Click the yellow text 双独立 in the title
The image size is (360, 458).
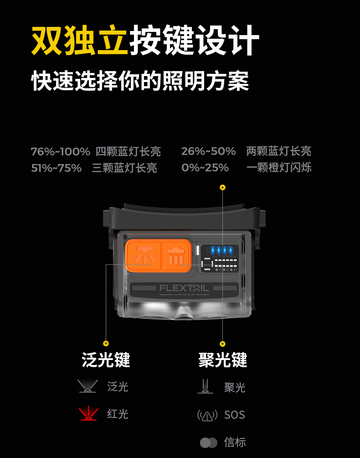click(x=79, y=40)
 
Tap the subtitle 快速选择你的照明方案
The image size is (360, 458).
click(x=140, y=81)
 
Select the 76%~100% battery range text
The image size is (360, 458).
click(x=61, y=152)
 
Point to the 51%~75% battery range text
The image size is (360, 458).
click(x=57, y=168)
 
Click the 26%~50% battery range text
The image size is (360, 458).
click(x=208, y=151)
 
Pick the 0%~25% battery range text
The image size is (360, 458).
click(x=205, y=168)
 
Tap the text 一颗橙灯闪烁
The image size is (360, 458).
click(x=279, y=168)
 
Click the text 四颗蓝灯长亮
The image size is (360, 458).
click(x=128, y=152)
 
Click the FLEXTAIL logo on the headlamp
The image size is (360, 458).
click(x=184, y=288)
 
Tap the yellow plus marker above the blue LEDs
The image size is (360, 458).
click(x=222, y=187)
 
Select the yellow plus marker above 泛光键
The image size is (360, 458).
click(x=106, y=344)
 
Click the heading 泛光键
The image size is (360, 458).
click(x=106, y=360)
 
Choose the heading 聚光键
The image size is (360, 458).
click(x=223, y=360)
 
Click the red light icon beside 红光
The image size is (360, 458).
click(x=88, y=414)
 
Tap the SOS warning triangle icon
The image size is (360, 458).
click(x=207, y=415)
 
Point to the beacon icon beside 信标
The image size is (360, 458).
click(x=208, y=443)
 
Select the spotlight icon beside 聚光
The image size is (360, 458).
click(x=205, y=386)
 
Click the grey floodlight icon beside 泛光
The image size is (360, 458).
click(x=87, y=386)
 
